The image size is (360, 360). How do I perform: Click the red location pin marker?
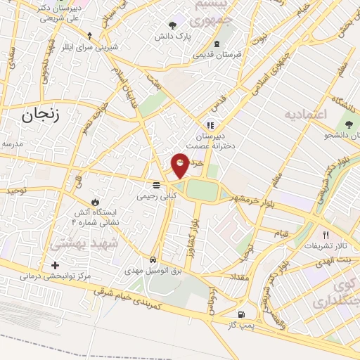click(180, 164)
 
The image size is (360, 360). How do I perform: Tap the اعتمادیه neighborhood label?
click(307, 113)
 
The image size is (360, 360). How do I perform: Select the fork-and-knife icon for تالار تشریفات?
click(325, 235)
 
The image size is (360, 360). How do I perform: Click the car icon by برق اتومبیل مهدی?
click(153, 258)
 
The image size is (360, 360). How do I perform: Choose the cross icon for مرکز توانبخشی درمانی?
click(55, 265)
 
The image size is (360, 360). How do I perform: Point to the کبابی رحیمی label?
click(156, 198)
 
